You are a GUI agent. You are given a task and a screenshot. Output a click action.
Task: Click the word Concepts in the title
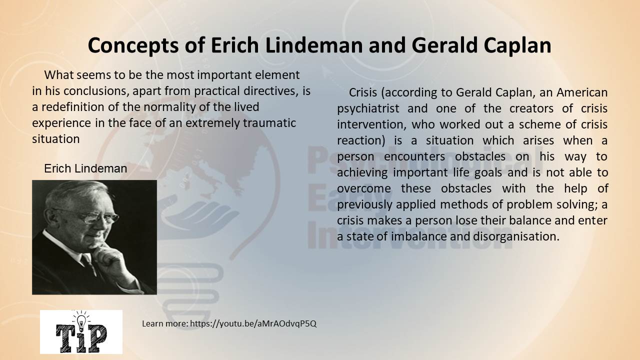point(133,45)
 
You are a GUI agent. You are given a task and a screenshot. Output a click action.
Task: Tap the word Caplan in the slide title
point(517,45)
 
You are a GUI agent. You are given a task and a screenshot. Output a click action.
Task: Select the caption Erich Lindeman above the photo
point(85,168)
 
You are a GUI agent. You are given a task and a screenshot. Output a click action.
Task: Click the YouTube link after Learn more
point(253,323)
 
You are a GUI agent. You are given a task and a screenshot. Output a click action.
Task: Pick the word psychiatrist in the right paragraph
point(368,109)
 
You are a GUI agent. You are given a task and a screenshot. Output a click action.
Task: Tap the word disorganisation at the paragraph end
point(515,236)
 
